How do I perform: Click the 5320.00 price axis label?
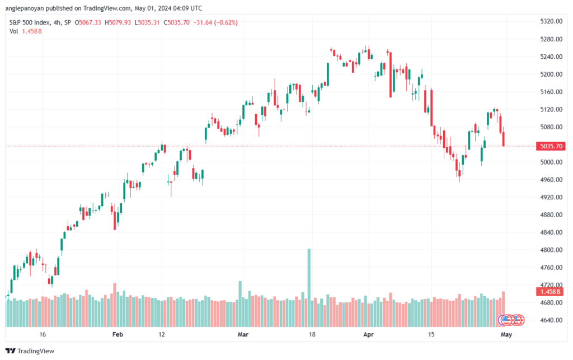[x=551, y=21]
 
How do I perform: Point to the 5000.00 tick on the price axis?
[x=551, y=162]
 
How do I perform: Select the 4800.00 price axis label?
[x=551, y=250]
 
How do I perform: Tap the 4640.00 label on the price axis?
[x=551, y=320]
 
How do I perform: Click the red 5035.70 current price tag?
[x=551, y=146]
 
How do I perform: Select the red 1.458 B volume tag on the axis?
[x=551, y=292]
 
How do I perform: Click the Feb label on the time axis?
[x=118, y=334]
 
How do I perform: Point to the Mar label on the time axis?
[x=243, y=334]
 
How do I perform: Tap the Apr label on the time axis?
[x=368, y=334]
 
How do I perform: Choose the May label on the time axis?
[x=506, y=334]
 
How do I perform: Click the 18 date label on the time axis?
[x=312, y=334]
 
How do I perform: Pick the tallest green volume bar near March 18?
[x=309, y=288]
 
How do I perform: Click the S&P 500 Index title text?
[x=30, y=22]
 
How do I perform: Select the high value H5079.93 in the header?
[x=118, y=22]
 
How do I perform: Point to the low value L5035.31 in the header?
[x=147, y=22]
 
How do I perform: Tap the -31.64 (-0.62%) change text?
[x=215, y=22]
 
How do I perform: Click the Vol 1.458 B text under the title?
[x=26, y=31]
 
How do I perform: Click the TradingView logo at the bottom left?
[x=30, y=351]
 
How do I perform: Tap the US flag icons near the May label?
[x=511, y=320]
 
